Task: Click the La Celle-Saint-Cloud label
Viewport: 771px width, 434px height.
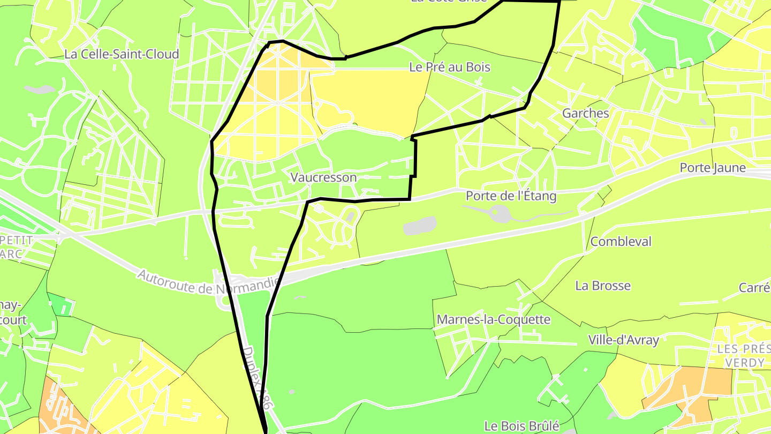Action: pyautogui.click(x=122, y=54)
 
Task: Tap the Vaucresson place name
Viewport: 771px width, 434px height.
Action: pyautogui.click(x=323, y=177)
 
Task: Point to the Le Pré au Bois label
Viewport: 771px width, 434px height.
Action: pyautogui.click(x=449, y=68)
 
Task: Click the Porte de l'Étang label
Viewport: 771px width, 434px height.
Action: pyautogui.click(x=511, y=196)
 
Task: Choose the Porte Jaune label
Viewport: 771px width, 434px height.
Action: pyautogui.click(x=712, y=168)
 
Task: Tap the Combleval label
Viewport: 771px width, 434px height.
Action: pyautogui.click(x=621, y=242)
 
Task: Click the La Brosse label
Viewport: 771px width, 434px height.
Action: pyautogui.click(x=603, y=286)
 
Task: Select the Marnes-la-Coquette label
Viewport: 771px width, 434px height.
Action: pyautogui.click(x=493, y=320)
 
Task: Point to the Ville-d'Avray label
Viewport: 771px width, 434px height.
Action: pyautogui.click(x=623, y=340)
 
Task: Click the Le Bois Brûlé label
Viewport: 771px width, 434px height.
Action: pyautogui.click(x=521, y=426)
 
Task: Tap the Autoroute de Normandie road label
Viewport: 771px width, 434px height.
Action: pyautogui.click(x=209, y=282)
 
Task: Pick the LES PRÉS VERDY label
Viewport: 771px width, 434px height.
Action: pyautogui.click(x=744, y=356)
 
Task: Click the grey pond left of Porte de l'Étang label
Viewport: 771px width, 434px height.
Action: pyautogui.click(x=420, y=226)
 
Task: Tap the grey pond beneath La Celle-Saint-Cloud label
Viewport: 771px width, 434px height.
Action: pyautogui.click(x=41, y=89)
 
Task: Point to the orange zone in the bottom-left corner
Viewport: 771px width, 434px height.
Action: pyautogui.click(x=56, y=407)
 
